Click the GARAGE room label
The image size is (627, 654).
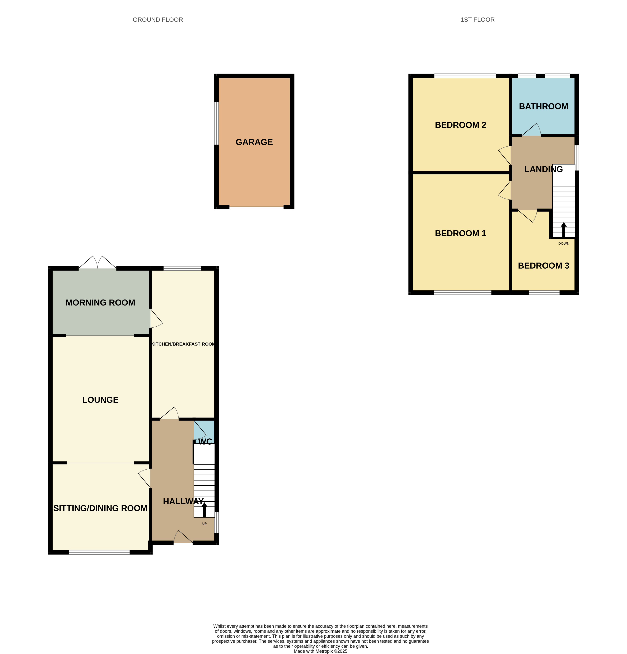coord(254,142)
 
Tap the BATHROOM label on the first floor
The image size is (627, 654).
coord(543,106)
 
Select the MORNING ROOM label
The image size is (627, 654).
coord(100,303)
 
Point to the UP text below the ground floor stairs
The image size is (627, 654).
coord(204,524)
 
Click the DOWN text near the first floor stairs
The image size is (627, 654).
coord(564,244)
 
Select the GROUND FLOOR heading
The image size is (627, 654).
coord(158,20)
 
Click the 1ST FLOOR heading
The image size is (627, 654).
coord(477,20)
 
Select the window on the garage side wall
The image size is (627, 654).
coord(216,124)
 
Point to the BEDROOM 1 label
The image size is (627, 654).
coord(460,233)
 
